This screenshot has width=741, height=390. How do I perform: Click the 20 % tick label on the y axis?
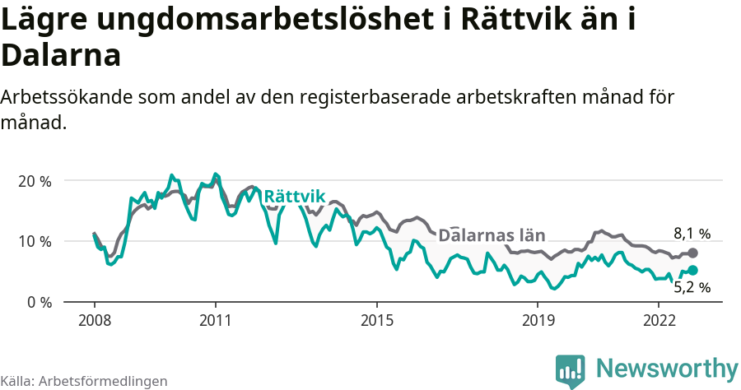click(35, 181)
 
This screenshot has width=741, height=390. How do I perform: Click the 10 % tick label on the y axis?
click(35, 242)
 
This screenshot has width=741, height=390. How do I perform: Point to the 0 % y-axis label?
click(39, 303)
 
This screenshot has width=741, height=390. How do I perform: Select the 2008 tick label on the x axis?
click(94, 320)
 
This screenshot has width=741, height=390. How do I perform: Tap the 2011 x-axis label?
click(215, 320)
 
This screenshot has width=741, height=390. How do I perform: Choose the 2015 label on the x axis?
click(376, 320)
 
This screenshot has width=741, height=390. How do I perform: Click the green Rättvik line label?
click(295, 196)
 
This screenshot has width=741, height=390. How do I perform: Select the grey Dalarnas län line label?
click(492, 235)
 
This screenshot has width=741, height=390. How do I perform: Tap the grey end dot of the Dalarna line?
click(692, 253)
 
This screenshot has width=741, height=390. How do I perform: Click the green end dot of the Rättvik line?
click(692, 270)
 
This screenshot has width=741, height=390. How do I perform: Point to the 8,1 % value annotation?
click(692, 234)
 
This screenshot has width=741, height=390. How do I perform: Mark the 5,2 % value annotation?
click(692, 288)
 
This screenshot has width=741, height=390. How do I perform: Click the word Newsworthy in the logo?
click(667, 367)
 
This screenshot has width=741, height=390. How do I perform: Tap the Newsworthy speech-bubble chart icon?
click(571, 370)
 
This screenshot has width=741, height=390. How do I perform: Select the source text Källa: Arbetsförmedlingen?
click(84, 381)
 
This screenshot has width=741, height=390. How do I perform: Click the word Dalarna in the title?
click(62, 55)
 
